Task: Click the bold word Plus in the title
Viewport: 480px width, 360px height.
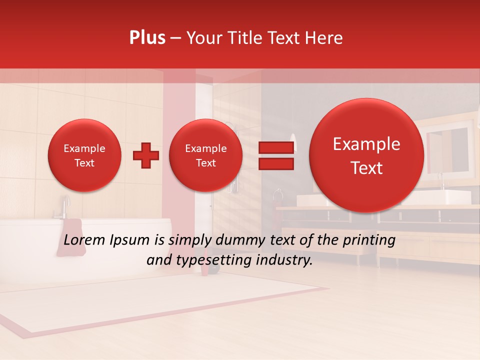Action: (147, 38)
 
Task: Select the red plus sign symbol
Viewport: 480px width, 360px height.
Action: (146, 155)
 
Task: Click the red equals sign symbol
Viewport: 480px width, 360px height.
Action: (275, 155)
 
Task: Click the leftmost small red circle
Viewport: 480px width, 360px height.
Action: (84, 155)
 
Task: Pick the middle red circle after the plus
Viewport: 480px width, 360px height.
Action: (205, 155)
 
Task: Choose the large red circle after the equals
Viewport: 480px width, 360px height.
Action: (366, 155)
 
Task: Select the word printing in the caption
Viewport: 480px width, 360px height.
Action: (369, 240)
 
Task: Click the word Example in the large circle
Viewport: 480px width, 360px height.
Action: (366, 144)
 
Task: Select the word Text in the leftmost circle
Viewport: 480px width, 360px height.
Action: (84, 163)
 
